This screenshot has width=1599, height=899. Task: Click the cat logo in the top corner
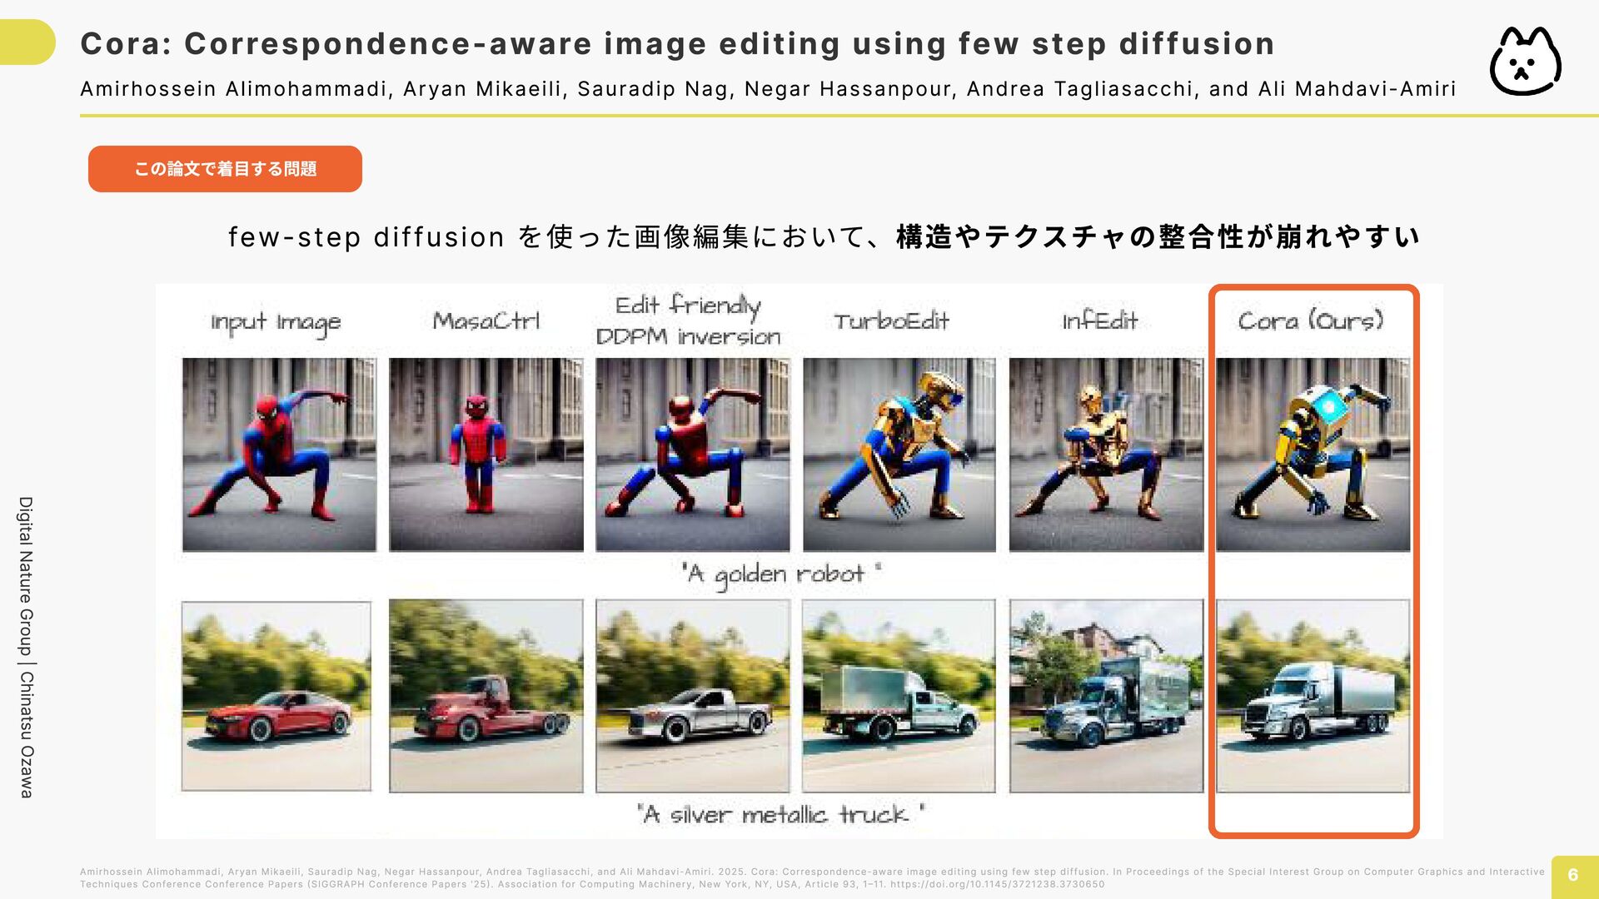(x=1525, y=62)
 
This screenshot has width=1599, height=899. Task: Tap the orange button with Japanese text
(x=225, y=169)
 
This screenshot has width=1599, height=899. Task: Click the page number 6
(x=1573, y=875)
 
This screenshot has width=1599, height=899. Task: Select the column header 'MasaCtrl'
(x=486, y=321)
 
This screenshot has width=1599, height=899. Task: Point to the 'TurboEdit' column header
(x=891, y=321)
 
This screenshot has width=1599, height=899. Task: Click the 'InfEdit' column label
(x=1099, y=321)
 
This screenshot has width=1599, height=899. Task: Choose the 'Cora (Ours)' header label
(x=1311, y=320)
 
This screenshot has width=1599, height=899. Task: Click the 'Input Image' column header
(x=276, y=323)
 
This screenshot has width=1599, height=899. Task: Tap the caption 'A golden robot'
(x=781, y=574)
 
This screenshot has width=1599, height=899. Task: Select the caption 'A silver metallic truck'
(x=781, y=814)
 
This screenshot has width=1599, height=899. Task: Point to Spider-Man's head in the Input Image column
(x=267, y=410)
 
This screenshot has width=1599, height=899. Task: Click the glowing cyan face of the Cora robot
(x=1328, y=407)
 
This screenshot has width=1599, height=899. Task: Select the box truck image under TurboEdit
(x=899, y=696)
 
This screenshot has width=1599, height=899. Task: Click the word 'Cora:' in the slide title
(x=126, y=44)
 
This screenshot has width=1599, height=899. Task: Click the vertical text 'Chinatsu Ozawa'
(x=27, y=734)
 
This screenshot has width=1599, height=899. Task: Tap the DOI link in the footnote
(x=997, y=884)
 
